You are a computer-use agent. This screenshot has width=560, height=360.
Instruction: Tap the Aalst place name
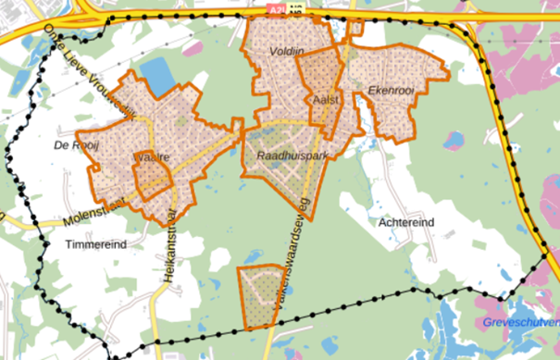tap(325, 98)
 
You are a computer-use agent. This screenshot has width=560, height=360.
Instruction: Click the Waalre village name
tap(152, 158)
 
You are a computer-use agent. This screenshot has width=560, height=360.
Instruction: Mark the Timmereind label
tap(95, 243)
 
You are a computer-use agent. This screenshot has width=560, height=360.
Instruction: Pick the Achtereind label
tap(406, 222)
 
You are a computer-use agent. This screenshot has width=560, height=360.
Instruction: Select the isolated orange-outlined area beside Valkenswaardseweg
tap(261, 295)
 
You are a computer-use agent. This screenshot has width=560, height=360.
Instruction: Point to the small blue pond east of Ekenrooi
tap(452, 141)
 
